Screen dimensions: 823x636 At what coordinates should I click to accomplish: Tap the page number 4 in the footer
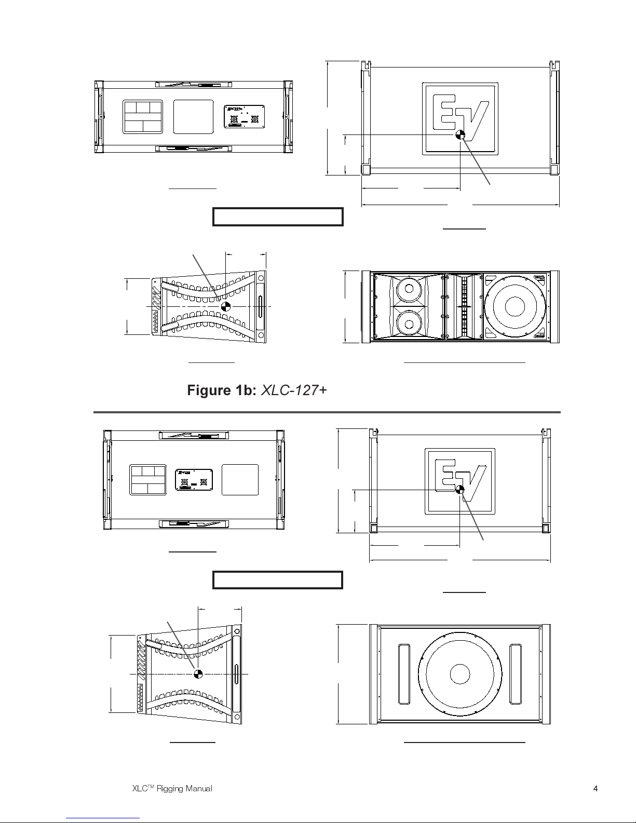point(596,788)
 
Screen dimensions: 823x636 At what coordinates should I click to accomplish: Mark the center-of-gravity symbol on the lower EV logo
point(459,489)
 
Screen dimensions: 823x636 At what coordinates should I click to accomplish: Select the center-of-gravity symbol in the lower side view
point(198,674)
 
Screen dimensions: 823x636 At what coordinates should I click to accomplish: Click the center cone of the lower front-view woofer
point(460,674)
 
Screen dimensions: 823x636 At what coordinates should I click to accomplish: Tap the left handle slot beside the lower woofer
point(403,674)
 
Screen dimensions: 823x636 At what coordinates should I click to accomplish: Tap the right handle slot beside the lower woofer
point(516,674)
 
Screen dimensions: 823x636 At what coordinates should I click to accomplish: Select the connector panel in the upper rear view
point(244,116)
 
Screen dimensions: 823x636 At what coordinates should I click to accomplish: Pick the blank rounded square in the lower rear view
point(240,479)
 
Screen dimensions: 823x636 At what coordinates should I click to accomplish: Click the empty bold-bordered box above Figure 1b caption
point(278,217)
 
